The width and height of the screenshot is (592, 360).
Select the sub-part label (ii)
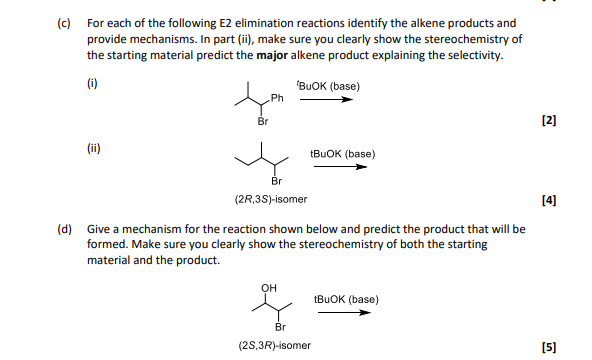coord(93,147)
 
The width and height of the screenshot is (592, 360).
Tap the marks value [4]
coord(547,199)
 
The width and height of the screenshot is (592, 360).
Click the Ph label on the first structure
coord(278,98)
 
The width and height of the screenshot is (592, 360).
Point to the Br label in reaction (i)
coord(263,121)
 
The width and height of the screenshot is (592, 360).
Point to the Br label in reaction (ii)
coord(277,181)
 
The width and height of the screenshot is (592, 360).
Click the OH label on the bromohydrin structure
coord(267,285)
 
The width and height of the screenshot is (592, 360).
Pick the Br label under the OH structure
coord(281,326)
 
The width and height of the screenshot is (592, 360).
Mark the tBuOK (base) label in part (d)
coord(345,299)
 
